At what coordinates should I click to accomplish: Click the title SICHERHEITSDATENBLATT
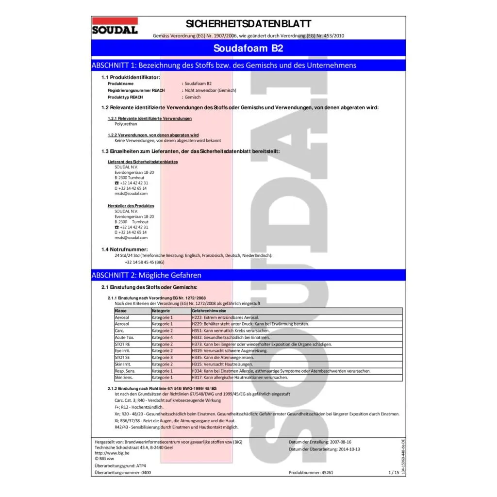tap(248, 24)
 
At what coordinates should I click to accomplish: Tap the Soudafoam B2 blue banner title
tap(248, 48)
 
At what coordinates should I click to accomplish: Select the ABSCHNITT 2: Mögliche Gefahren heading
tap(146, 275)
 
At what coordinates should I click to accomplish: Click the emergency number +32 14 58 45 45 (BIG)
tap(145, 262)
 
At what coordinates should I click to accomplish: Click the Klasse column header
tap(121, 310)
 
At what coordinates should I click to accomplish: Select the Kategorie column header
tap(161, 310)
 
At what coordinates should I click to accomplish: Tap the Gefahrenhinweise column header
tap(209, 310)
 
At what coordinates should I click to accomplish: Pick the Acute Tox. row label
tap(124, 337)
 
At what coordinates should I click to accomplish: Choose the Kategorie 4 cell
tap(162, 337)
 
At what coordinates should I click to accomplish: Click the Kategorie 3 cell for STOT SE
tap(162, 357)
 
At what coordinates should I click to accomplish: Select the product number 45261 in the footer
tap(326, 472)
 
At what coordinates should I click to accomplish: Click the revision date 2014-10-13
tap(349, 449)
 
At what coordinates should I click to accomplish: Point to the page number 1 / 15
tap(394, 472)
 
